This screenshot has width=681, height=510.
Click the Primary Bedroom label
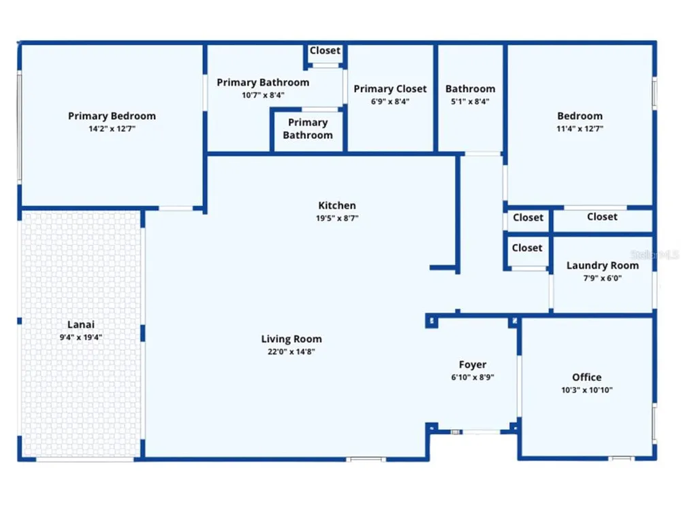point(112,116)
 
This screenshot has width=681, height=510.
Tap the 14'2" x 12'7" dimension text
point(112,129)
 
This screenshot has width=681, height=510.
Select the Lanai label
point(81,324)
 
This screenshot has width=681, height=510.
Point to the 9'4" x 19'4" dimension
point(81,337)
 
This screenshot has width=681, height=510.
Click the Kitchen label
point(337,205)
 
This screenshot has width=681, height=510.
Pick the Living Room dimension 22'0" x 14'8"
point(291,352)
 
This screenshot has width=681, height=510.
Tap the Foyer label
point(473,364)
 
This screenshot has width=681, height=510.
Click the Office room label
point(587,377)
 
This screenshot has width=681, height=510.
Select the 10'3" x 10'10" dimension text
point(587,390)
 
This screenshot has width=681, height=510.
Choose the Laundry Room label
point(603,265)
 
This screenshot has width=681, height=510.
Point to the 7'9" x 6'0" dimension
point(603,278)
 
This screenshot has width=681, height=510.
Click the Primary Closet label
point(390,89)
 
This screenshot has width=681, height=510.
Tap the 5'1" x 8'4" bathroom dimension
point(470,101)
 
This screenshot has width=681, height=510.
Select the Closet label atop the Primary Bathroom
point(325,51)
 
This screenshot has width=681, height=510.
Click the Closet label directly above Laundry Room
point(602,217)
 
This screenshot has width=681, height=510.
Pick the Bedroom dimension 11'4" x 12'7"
point(580,129)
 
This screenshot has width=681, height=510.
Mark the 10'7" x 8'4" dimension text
point(263,95)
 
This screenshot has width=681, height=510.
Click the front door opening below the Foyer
point(481,432)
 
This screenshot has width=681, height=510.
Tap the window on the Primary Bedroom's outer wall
point(19,126)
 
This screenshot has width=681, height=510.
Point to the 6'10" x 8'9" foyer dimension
point(473,377)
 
